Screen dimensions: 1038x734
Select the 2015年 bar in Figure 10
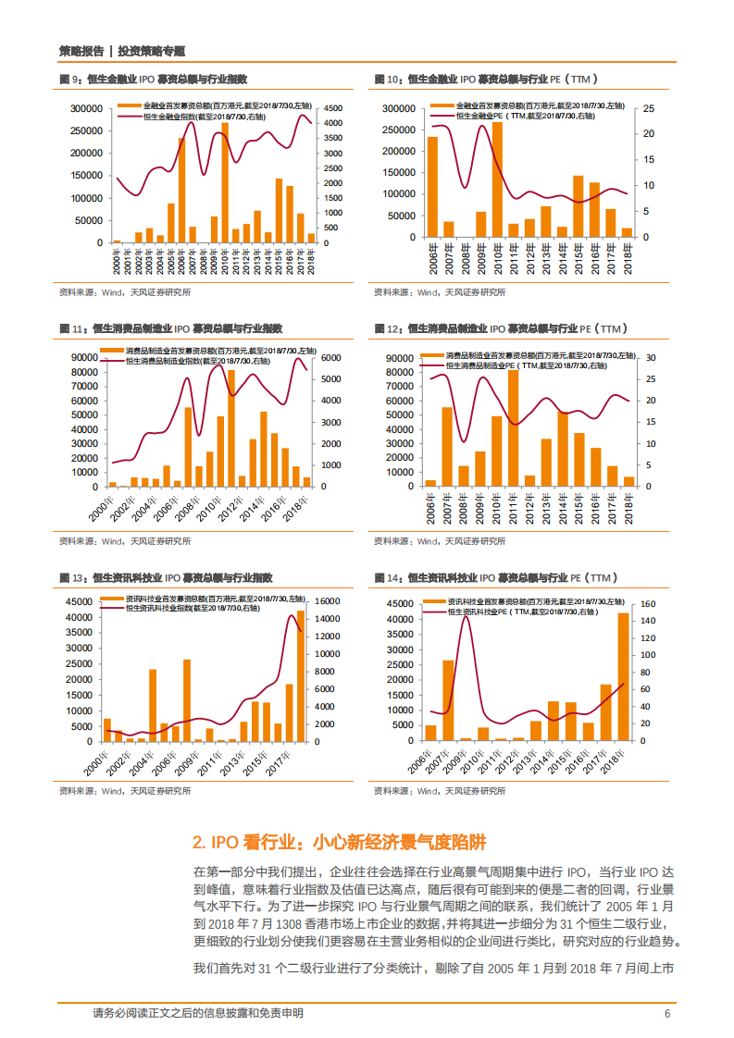[x=578, y=206]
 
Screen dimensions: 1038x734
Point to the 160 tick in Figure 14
[x=647, y=603]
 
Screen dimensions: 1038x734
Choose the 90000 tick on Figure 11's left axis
[x=84, y=357]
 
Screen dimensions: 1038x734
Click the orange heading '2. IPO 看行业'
[x=338, y=843]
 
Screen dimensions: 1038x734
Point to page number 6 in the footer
[x=666, y=1014]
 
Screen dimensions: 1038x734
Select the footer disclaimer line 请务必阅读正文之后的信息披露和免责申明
[x=198, y=1014]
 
